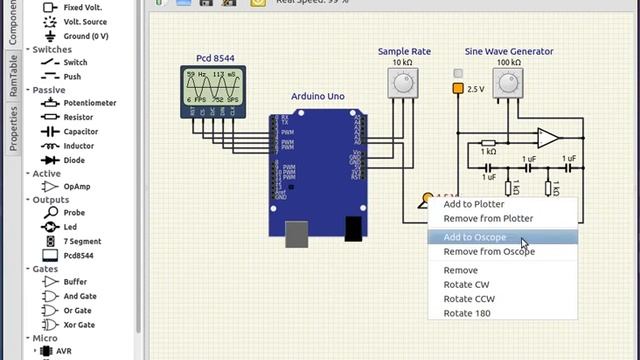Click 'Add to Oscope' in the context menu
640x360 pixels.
tap(475, 237)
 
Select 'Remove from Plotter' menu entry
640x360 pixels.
tap(488, 218)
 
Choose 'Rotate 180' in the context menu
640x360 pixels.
tap(467, 313)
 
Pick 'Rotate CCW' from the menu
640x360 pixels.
tap(467, 299)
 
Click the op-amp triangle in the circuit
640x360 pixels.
tap(548, 138)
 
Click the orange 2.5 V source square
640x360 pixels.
tap(458, 89)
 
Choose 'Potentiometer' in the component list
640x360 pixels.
tap(89, 103)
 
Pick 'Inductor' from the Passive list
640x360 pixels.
tap(78, 146)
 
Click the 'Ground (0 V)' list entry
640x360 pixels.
tap(85, 36)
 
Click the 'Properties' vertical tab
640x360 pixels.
tap(13, 127)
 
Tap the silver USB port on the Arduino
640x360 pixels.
tap(297, 233)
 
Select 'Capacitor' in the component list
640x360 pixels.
tap(80, 131)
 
